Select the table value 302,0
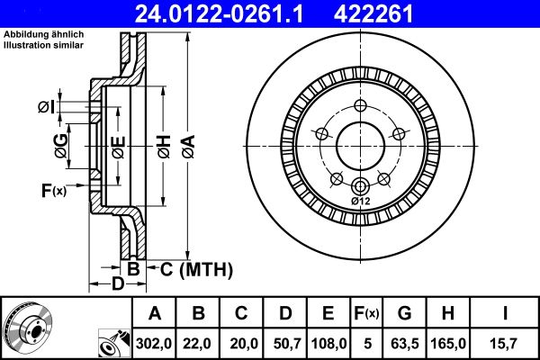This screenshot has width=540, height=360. pos(154,342)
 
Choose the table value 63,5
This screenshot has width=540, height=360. pos(404,342)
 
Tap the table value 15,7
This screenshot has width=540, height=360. pos(506,342)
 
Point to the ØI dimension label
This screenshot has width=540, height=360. pos(47,108)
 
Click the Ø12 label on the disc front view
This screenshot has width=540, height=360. pos(360,201)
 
